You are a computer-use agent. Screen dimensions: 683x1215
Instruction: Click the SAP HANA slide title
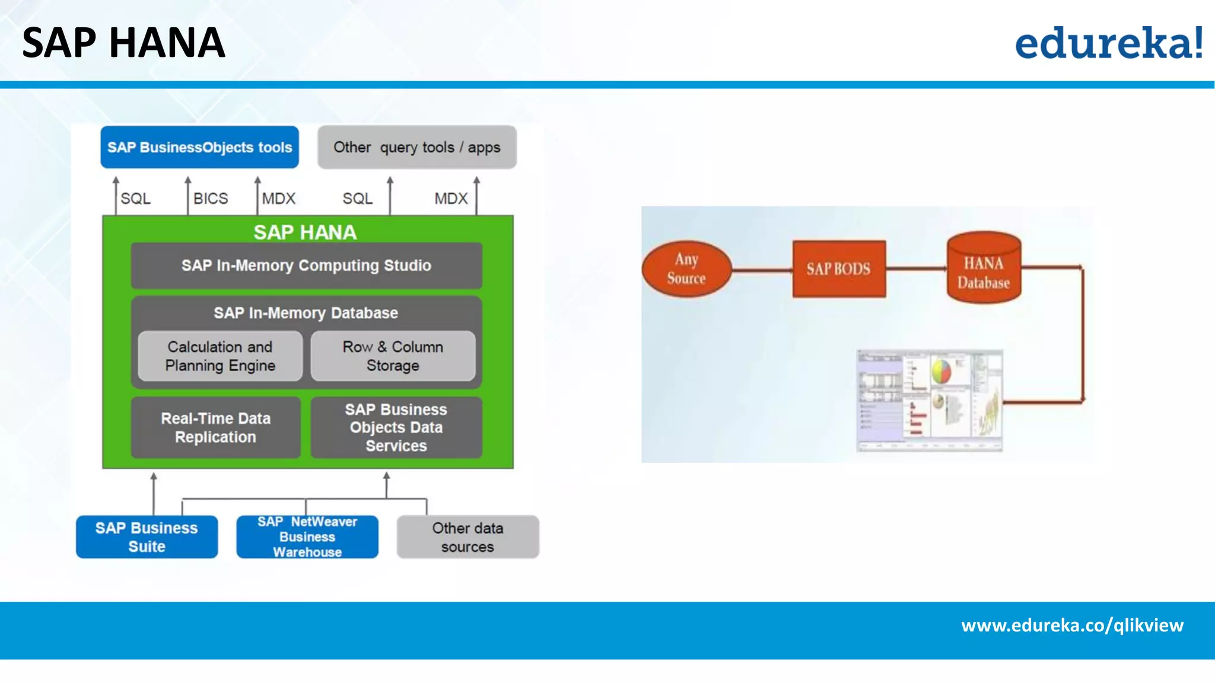[x=123, y=43]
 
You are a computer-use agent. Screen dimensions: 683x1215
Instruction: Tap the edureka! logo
[x=1108, y=43]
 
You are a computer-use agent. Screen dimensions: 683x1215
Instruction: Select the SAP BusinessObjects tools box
[x=199, y=147]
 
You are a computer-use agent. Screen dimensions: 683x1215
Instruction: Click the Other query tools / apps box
[x=416, y=147]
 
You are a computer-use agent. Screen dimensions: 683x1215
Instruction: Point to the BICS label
[x=211, y=198]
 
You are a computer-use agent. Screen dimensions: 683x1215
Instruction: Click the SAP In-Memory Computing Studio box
[x=306, y=265]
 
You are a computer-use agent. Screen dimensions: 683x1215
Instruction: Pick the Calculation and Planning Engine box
[x=220, y=356]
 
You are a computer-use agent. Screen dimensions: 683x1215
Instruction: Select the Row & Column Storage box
[x=393, y=356]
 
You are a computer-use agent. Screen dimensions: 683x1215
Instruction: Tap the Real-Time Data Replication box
[x=215, y=427]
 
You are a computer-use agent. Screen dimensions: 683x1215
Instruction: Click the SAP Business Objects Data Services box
[x=396, y=427]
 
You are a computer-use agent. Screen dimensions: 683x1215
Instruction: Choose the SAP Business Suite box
[x=147, y=537]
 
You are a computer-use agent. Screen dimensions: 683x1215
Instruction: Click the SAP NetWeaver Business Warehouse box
[x=307, y=537]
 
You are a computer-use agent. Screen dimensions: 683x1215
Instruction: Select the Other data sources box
[x=467, y=537]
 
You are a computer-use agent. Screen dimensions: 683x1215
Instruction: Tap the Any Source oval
[x=686, y=269]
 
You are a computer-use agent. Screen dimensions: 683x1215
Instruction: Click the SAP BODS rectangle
[x=838, y=269]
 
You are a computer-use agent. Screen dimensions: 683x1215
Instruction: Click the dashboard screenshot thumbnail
[x=929, y=400]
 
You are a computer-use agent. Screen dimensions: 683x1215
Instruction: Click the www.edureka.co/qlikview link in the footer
[x=1072, y=625]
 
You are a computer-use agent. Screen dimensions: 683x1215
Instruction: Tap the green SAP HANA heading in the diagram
[x=305, y=232]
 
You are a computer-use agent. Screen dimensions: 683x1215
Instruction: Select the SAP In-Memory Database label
[x=306, y=312]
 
